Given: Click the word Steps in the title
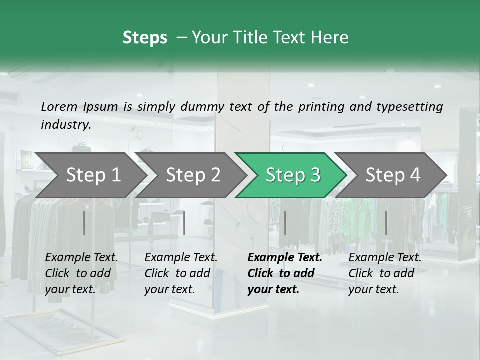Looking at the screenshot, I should point(145,38).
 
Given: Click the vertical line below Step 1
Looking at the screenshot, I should point(84,223).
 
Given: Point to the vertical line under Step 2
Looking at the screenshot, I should point(184,223).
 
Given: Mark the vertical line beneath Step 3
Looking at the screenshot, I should point(285,223).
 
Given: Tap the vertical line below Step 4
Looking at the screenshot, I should point(386,223).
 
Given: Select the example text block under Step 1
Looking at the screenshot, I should point(81,273).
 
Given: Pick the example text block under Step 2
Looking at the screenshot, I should point(181,273).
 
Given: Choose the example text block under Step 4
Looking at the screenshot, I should point(385,273).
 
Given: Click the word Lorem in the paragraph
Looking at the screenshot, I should point(59,106).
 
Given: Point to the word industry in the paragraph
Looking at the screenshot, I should point(65,124).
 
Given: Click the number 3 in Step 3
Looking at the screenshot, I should point(314,175).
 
